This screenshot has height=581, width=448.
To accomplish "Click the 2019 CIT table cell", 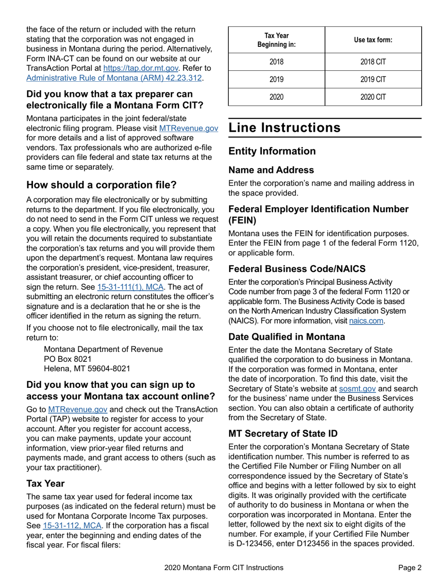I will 373,79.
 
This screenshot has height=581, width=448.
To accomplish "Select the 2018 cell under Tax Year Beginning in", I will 276,62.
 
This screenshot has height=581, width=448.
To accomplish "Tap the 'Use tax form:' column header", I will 373,40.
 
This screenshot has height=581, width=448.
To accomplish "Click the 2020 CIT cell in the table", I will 373,97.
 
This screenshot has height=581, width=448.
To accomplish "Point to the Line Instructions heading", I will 284,128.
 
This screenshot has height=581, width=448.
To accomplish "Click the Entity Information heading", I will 272,151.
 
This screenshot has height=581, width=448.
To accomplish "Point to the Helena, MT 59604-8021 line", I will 87,368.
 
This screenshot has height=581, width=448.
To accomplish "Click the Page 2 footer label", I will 409,568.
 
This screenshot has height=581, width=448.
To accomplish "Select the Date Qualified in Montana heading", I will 287,337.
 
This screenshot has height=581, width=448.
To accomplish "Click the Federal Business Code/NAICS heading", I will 297,269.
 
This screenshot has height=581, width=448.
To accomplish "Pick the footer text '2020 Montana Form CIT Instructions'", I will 224,568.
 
